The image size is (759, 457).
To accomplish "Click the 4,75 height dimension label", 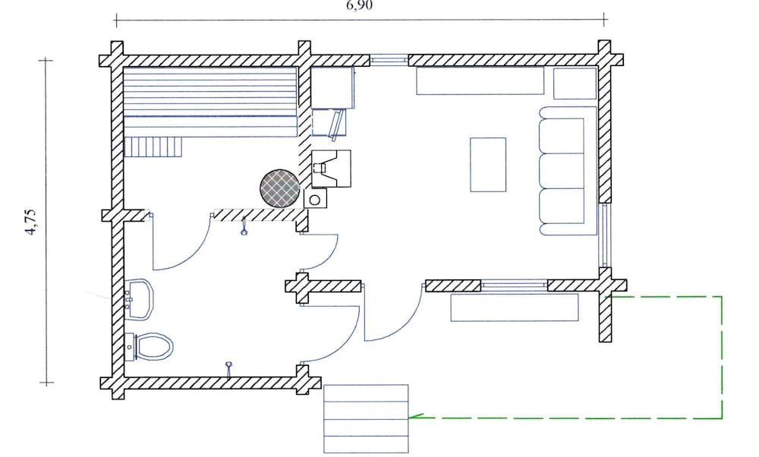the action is click(30, 222).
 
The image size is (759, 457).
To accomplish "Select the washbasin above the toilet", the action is click(140, 298).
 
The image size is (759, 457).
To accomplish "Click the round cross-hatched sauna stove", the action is click(279, 188).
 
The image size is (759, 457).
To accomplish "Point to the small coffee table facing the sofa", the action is click(488, 165).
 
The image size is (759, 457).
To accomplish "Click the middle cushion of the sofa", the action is click(562, 171).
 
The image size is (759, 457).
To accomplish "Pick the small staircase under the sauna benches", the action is click(153, 147).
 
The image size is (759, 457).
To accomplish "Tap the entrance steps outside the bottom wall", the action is click(366, 419).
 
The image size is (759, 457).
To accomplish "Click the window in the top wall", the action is click(389, 60).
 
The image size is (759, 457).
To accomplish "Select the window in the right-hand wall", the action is click(604, 235).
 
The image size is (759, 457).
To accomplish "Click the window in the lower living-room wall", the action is click(514, 285).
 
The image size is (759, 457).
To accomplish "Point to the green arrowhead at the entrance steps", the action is click(416, 416).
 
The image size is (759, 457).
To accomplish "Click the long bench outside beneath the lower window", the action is click(515, 307).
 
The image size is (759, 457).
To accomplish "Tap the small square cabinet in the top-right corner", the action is click(575, 84).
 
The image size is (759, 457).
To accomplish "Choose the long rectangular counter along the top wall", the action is click(480, 80).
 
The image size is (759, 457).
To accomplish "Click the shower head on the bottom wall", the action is click(229, 369).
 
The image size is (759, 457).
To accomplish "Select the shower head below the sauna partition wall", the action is click(244, 227).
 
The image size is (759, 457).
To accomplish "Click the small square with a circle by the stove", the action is click(315, 199).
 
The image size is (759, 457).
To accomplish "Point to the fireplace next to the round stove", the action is click(331, 169).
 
